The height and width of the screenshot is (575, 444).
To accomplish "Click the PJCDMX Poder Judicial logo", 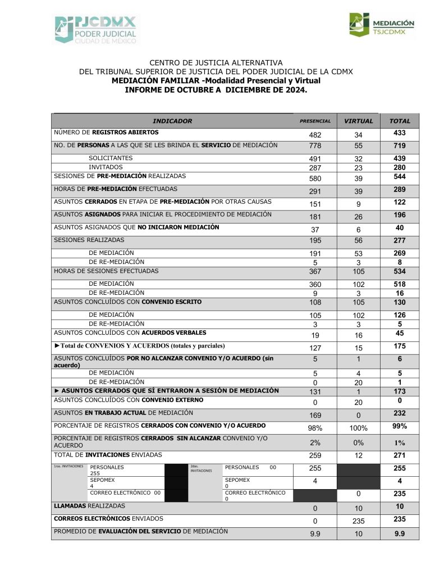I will click(x=95, y=30).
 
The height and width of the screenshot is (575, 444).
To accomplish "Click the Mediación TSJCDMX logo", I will click(x=381, y=26).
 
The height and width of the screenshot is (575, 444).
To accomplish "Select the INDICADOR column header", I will click(x=172, y=121).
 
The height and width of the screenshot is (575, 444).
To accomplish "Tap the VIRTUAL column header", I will click(x=358, y=121).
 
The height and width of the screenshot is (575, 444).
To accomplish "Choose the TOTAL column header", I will click(x=400, y=121).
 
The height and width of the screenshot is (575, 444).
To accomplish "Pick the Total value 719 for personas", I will click(x=400, y=146).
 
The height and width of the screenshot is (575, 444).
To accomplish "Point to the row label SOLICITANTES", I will click(x=111, y=158).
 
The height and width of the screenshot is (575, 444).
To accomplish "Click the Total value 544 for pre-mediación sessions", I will click(x=400, y=176).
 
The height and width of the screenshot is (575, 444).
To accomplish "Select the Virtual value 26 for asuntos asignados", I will click(x=358, y=217).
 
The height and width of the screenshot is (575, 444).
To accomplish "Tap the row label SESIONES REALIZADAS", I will click(x=89, y=240).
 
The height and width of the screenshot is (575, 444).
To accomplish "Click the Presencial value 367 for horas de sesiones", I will click(x=315, y=272).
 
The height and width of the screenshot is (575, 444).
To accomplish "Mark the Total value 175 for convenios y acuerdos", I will click(x=400, y=346).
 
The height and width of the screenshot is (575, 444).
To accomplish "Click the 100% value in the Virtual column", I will click(x=358, y=428).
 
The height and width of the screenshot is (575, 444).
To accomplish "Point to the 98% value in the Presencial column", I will click(x=315, y=428).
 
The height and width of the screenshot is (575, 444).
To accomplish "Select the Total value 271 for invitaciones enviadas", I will click(x=400, y=455).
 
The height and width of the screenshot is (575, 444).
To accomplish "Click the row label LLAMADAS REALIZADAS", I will click(x=89, y=506).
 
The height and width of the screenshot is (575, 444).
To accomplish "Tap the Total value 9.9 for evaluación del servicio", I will click(x=400, y=533).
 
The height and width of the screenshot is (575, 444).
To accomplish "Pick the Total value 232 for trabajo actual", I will click(x=400, y=413).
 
